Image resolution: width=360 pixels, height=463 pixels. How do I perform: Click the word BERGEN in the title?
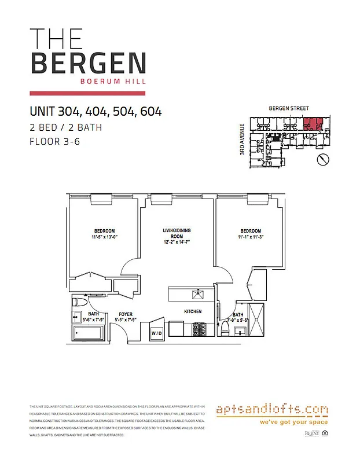tap(88, 63)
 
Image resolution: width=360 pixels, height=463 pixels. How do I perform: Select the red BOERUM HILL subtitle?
tap(115, 81)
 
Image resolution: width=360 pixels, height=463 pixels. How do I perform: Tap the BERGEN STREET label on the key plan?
tap(289, 108)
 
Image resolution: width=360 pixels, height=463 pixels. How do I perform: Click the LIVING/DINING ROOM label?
tap(177, 233)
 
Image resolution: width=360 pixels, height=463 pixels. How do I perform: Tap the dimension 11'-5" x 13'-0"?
tap(104, 237)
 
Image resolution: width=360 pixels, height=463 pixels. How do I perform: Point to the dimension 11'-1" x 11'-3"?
tap(251, 237)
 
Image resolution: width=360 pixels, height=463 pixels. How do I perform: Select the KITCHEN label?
tap(192, 312)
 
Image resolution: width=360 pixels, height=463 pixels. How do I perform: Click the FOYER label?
tap(126, 314)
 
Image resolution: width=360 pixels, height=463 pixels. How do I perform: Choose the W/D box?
tap(156, 334)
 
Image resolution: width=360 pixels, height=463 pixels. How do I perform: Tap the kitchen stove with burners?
tap(199, 331)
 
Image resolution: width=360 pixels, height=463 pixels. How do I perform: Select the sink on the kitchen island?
tap(198, 294)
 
